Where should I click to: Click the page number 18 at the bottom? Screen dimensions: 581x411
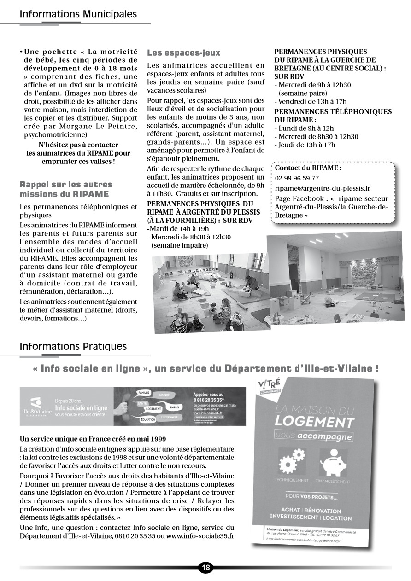pos(205,568)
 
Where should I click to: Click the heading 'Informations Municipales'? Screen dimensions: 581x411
pos(78,14)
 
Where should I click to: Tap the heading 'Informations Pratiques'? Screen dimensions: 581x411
pos(73,346)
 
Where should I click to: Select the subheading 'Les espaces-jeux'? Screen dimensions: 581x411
pos(183,53)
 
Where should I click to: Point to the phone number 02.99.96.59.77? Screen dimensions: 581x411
pos(297,178)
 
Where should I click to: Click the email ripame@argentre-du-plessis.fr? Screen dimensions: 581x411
pos(322,188)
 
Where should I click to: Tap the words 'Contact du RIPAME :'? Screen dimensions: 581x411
pos(308,168)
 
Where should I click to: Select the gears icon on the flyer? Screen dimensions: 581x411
pos(292,462)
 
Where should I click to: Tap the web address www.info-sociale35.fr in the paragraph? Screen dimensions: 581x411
pos(200,536)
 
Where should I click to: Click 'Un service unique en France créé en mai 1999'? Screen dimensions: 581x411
pos(93,439)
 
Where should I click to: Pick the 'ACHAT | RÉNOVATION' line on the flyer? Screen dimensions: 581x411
pos(311,511)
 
